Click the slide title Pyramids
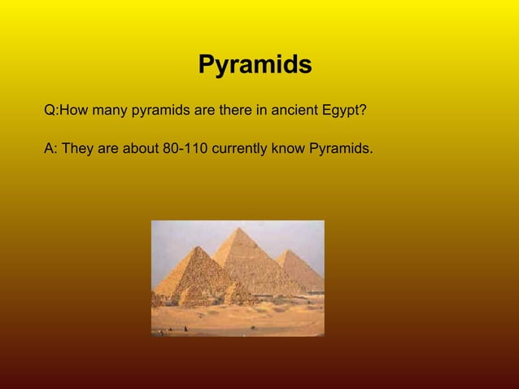tap(255, 65)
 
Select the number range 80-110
tap(185, 150)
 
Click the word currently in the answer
tap(242, 150)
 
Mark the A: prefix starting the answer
tap(50, 150)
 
